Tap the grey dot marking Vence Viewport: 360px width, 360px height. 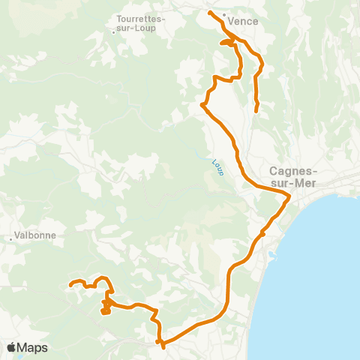(224, 13)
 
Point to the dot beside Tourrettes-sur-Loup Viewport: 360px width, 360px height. (113, 31)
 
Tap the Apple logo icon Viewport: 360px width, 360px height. (12, 347)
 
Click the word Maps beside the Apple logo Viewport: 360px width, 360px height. (32, 347)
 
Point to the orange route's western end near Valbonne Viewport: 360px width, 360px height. (70, 284)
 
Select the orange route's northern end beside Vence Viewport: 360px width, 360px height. (209, 13)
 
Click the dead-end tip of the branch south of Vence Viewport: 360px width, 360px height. (256, 111)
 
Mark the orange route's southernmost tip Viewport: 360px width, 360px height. (163, 347)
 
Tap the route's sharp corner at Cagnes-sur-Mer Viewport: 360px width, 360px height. (289, 197)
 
